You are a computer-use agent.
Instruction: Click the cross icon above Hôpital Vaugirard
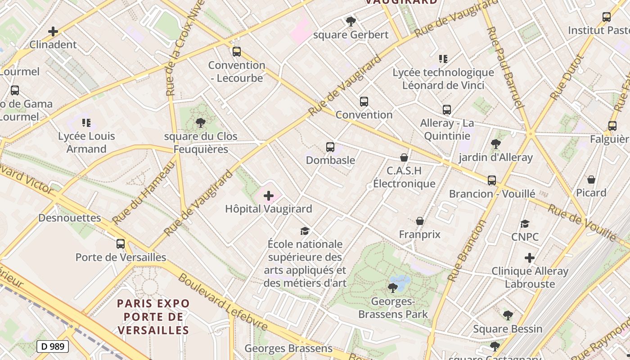point(269,196)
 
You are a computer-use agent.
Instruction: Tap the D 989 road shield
point(53,346)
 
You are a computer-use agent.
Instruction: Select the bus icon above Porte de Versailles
point(121,244)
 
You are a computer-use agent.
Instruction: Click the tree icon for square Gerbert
point(351,21)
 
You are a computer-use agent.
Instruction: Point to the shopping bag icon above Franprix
point(420,221)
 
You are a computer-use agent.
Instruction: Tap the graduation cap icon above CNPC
point(525,224)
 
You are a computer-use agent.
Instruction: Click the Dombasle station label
point(330,160)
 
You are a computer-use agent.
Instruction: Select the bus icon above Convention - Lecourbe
point(237,52)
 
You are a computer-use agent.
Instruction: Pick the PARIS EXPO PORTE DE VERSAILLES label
point(153,317)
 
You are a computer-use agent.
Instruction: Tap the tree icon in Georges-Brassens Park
point(393,288)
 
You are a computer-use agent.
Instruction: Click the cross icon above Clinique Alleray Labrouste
point(530,258)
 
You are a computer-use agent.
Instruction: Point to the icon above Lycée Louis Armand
point(86,123)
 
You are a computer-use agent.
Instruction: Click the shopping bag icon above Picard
point(591,180)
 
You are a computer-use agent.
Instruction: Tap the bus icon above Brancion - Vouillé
point(492,180)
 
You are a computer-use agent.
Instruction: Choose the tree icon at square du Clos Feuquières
point(201,123)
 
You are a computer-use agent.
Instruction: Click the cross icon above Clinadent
point(53,31)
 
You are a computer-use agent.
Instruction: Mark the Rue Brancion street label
point(468,250)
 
